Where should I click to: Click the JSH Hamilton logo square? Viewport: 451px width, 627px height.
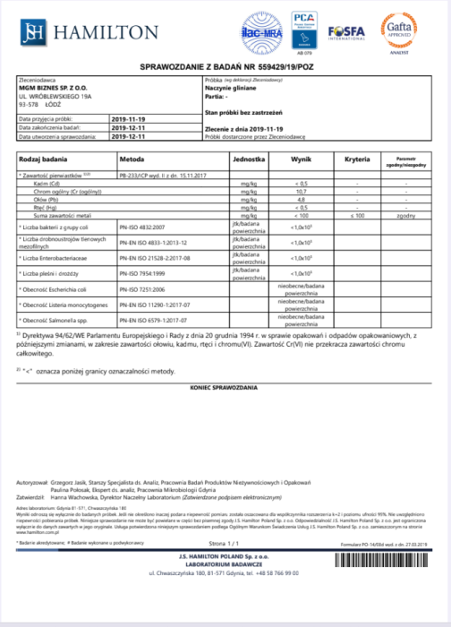point(32,32)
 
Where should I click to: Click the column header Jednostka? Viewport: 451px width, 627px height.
point(246,157)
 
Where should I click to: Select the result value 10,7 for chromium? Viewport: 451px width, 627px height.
point(301,192)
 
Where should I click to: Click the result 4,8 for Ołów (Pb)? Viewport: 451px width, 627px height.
point(301,199)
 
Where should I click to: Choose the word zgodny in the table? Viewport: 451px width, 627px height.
point(405,215)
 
